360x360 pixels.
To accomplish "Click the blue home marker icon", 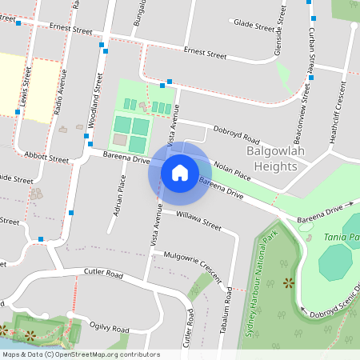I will (x=180, y=172).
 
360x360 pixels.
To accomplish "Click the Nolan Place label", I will (x=232, y=170).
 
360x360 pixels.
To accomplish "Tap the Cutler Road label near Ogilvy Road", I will (x=104, y=274).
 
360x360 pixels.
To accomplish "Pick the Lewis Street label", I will (x=26, y=89).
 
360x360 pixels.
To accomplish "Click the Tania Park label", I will (x=342, y=238).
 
